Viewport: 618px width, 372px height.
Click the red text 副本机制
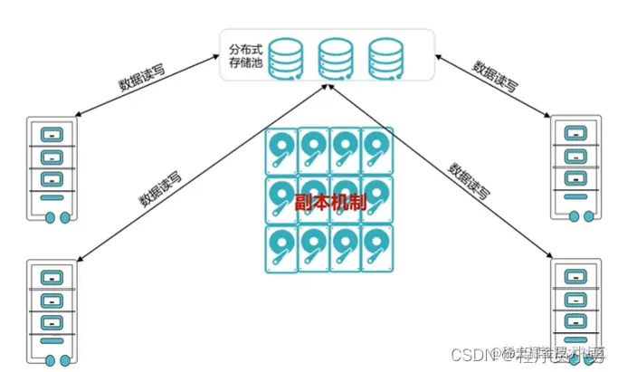(x=331, y=200)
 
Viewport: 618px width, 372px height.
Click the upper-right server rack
(x=575, y=168)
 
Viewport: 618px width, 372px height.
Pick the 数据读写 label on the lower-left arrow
(x=162, y=186)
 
